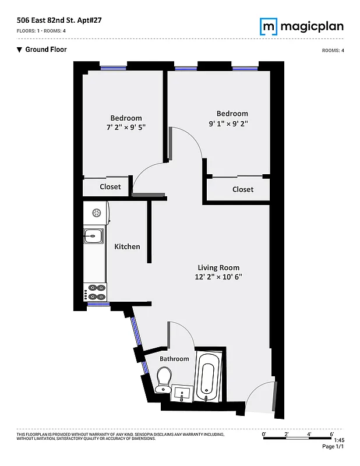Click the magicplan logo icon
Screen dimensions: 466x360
coord(269,26)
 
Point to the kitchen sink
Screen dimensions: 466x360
coord(93,236)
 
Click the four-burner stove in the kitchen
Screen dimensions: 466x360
coord(96,292)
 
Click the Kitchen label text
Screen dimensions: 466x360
coord(127,246)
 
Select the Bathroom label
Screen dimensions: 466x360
coord(174,359)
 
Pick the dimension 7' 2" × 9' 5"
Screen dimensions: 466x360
coord(126,127)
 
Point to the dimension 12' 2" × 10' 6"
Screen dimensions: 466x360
coord(218,277)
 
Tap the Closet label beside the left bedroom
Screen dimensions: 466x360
coord(110,186)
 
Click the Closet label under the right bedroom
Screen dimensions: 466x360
coord(243,189)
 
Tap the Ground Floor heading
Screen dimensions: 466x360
coord(46,50)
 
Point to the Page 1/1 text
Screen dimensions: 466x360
coord(333,447)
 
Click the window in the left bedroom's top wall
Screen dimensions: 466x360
coord(114,68)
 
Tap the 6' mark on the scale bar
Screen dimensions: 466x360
coord(331,434)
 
